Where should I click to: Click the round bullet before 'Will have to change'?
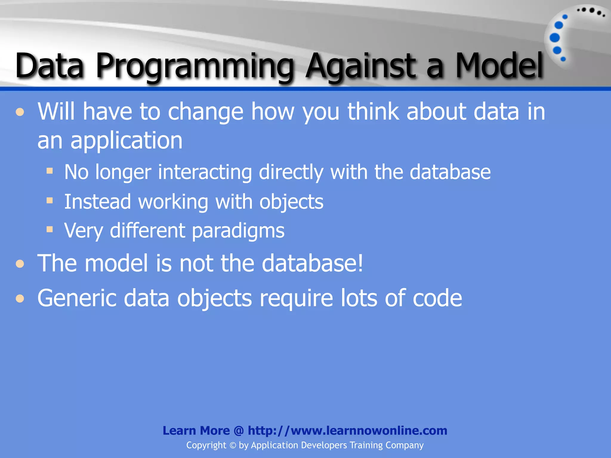click(20, 112)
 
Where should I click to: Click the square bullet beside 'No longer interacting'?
click(50, 171)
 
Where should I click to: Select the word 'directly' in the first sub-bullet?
click(291, 172)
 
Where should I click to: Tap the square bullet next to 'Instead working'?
click(50, 200)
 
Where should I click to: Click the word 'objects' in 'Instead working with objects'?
click(291, 202)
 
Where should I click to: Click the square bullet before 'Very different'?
click(50, 229)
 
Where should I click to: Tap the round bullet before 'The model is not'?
click(20, 264)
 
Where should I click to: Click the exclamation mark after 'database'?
click(360, 263)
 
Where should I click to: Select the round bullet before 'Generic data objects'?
click(20, 298)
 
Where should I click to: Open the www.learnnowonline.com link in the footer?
click(347, 431)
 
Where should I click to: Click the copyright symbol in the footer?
click(233, 445)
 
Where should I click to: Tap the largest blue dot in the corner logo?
click(555, 38)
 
